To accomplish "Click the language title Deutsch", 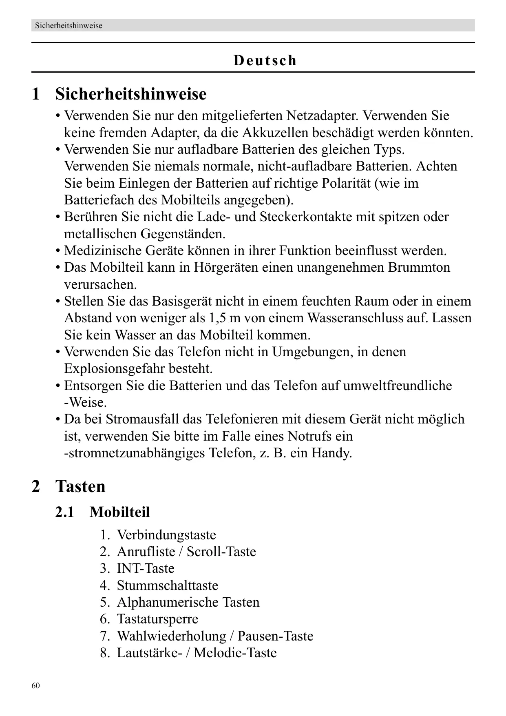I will point(265,60).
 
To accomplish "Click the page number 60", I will point(36,686).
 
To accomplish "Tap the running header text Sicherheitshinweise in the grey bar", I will point(68,26).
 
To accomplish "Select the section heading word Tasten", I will point(80,486).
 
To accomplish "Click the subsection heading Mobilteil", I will point(119,512).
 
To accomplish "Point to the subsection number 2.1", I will point(64,512).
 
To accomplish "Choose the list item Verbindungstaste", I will point(166,535).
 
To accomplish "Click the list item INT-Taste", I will point(146,569).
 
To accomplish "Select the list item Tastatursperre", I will point(157,619).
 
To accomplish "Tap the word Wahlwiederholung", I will point(171,636).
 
